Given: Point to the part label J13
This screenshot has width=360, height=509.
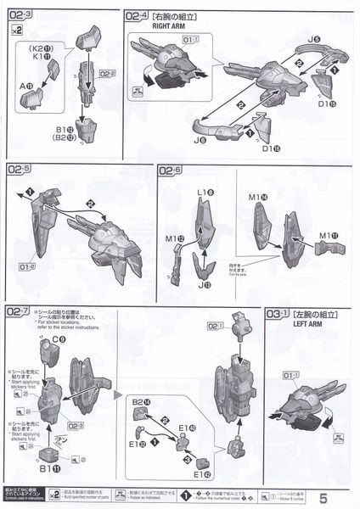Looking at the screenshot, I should [204, 286].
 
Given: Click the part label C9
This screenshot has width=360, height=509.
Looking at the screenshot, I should [59, 340].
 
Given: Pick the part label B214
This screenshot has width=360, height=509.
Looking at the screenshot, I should [140, 401].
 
